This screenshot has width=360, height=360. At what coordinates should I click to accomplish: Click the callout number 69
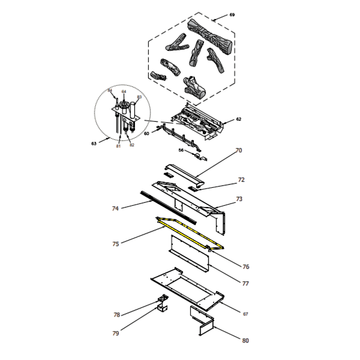point(232,14)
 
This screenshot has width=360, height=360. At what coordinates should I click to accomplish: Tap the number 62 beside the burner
point(238,119)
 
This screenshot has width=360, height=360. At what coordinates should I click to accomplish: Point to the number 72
point(241,179)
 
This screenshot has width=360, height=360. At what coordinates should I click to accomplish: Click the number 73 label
point(239,199)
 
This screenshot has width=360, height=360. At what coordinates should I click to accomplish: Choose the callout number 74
point(115,209)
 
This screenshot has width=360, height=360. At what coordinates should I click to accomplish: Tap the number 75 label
point(115,244)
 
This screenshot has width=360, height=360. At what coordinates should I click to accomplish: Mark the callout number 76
point(246,266)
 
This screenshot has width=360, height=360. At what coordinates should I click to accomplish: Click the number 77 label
point(245,283)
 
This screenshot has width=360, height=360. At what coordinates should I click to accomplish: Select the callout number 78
point(116,314)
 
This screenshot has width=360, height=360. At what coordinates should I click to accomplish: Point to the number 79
point(115,333)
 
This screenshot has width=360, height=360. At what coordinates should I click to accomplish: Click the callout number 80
point(245,341)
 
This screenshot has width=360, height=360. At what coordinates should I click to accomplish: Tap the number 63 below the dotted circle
point(94,144)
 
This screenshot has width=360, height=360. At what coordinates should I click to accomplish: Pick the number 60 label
point(146,133)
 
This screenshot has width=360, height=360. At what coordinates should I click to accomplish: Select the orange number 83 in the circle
point(139,97)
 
